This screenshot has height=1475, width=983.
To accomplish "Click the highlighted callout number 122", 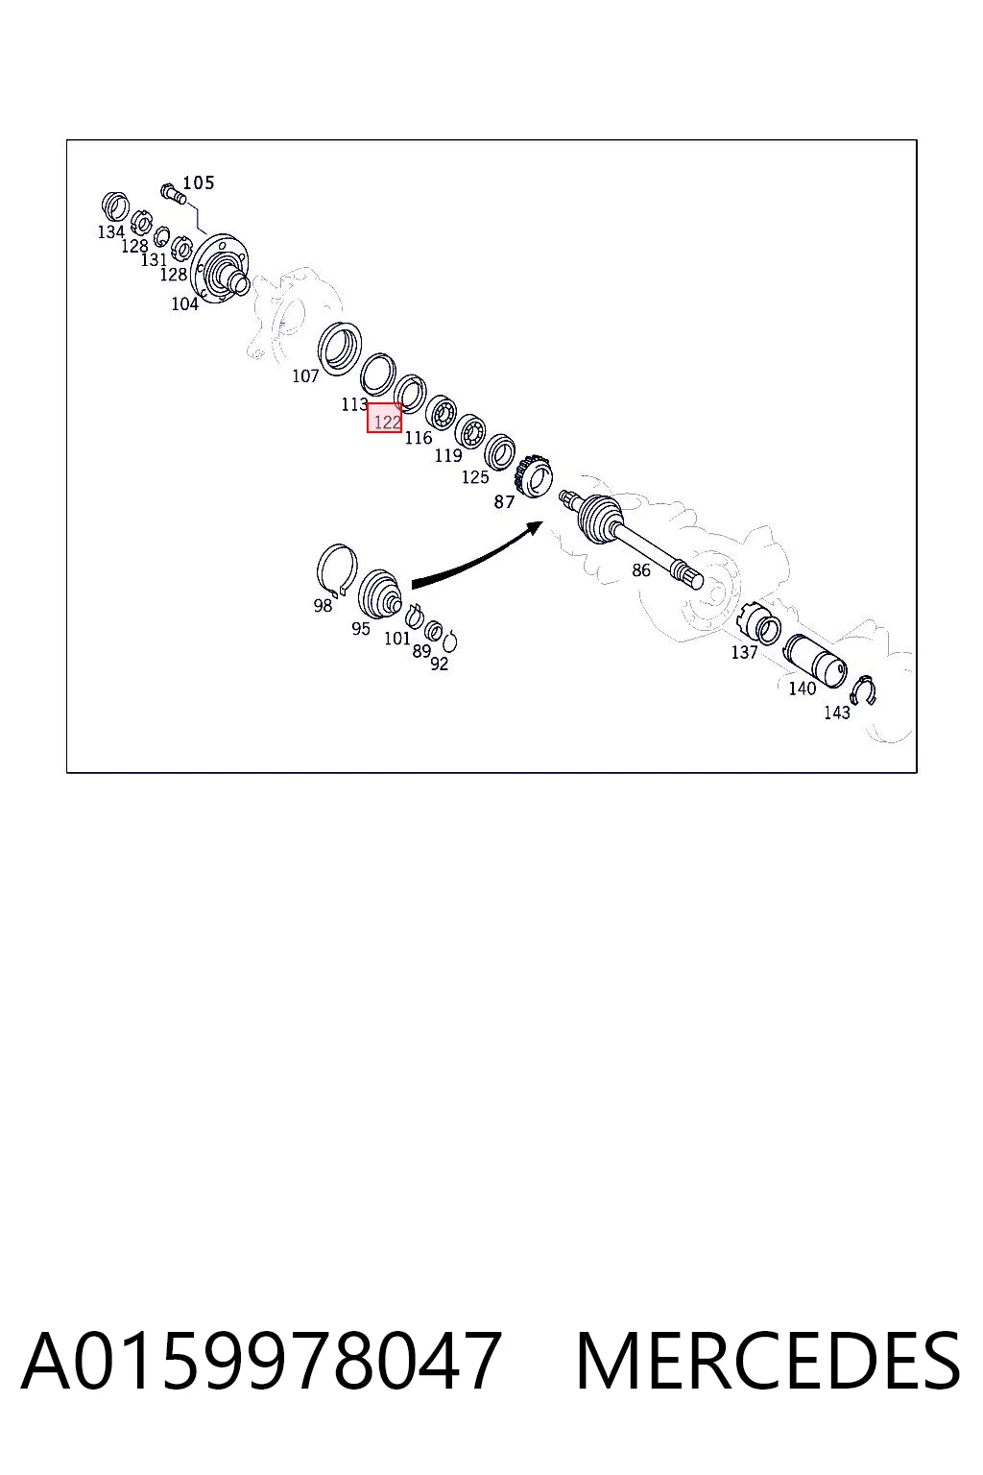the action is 386,421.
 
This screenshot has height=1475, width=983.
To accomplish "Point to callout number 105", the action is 198,182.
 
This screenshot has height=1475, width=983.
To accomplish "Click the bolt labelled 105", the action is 173,193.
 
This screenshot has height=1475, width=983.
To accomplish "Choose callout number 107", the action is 305,376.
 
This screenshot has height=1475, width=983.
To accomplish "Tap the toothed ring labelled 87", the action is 533,476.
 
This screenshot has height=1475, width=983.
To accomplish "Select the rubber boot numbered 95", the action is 378,594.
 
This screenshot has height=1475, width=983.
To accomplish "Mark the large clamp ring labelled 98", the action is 337,570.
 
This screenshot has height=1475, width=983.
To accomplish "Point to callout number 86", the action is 640,570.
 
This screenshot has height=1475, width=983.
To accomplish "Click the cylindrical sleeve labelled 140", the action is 815,661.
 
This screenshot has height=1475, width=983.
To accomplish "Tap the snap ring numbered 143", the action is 862,690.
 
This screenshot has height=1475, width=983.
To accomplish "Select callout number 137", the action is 744,652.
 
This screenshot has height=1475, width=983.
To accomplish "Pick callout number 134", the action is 110,231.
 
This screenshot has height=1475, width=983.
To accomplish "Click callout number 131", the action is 154,259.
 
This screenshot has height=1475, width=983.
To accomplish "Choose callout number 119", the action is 447,455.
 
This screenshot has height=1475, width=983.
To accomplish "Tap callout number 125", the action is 475,476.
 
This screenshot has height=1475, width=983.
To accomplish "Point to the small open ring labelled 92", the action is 449,641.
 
